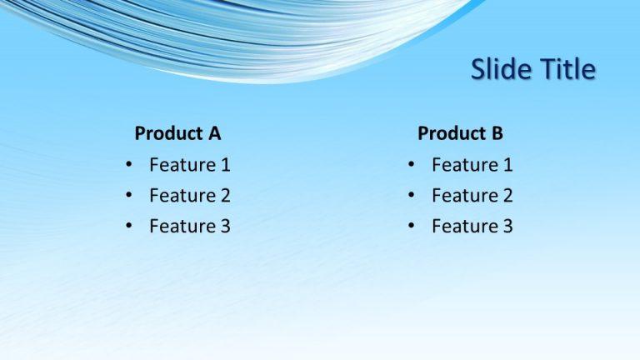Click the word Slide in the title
click(x=497, y=69)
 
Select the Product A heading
click(x=177, y=133)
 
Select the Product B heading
click(x=460, y=133)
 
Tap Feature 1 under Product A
click(x=189, y=165)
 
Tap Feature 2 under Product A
click(x=189, y=196)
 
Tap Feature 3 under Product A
click(x=189, y=226)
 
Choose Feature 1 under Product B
click(x=472, y=165)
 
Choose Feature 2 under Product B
click(x=472, y=196)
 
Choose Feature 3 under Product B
click(x=472, y=226)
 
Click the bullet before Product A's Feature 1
click(x=129, y=165)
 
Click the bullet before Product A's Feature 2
click(x=129, y=196)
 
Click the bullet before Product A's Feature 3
click(x=129, y=226)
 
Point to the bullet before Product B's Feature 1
click(x=412, y=165)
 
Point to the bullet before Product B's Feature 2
click(x=412, y=196)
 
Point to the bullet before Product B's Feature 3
click(x=412, y=226)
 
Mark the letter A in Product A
click(x=214, y=133)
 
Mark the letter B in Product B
click(x=497, y=133)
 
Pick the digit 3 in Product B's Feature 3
click(x=507, y=226)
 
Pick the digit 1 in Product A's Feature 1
click(x=225, y=165)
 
